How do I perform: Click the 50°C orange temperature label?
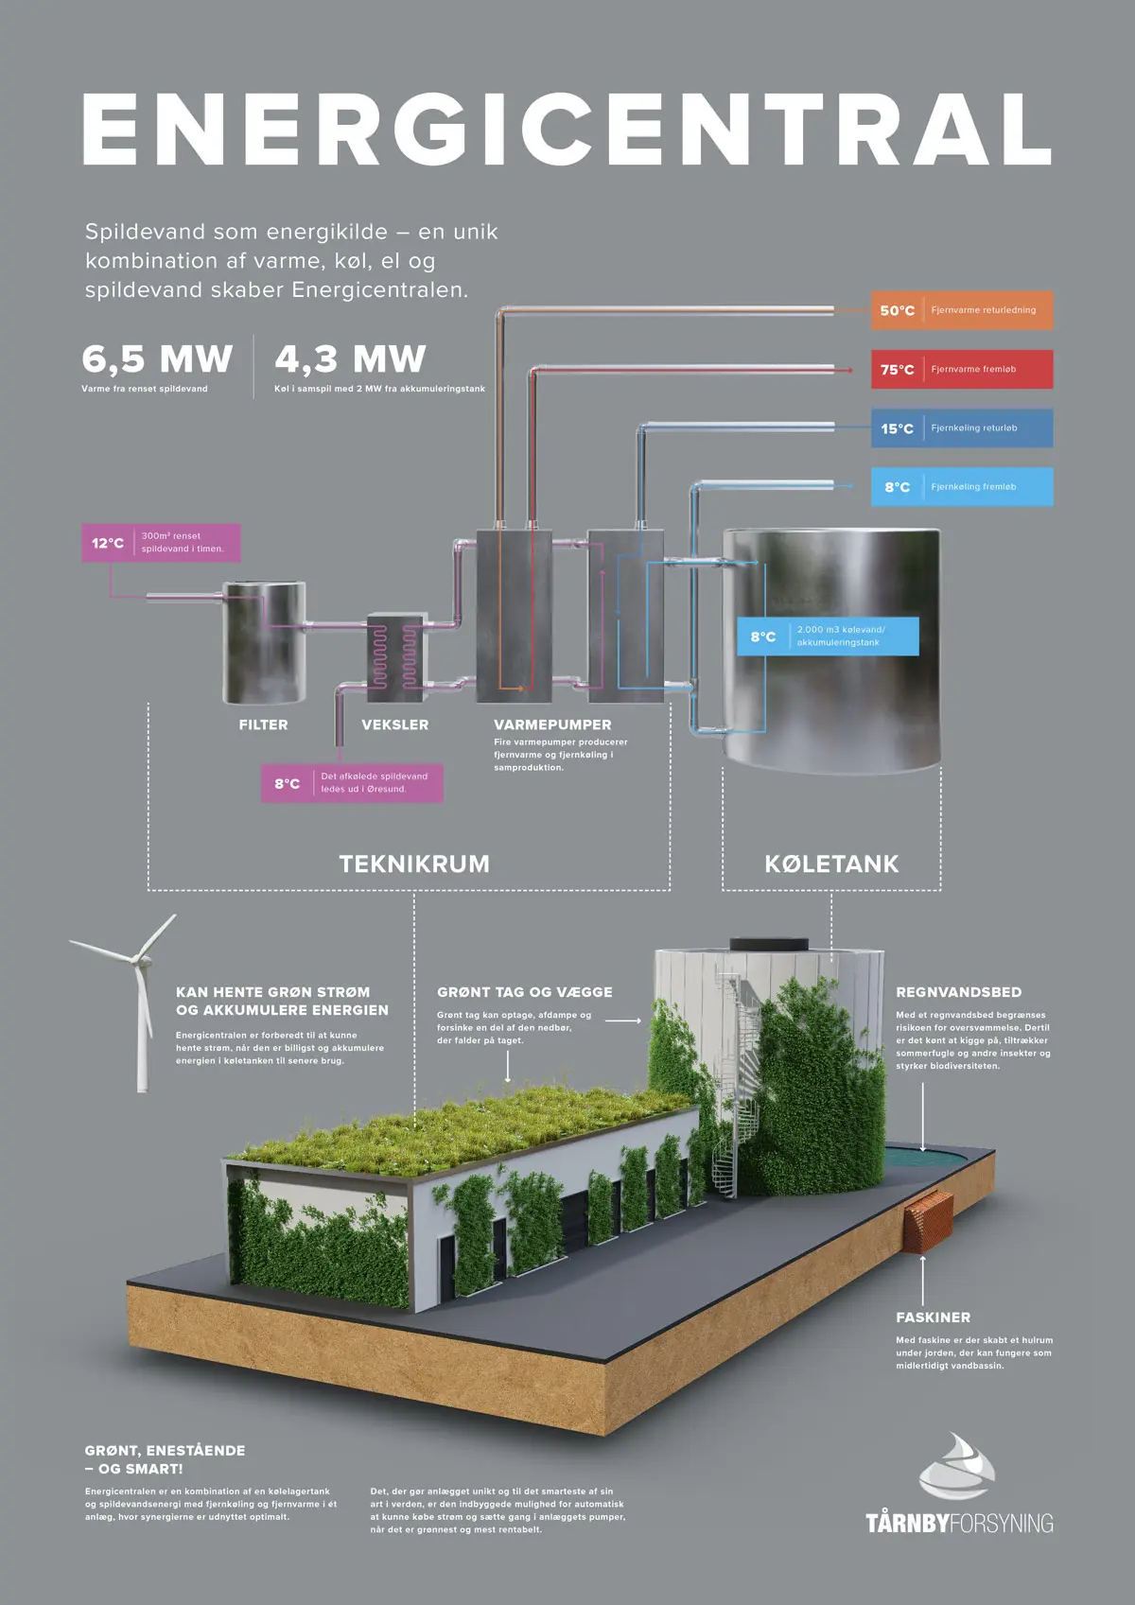click(x=962, y=310)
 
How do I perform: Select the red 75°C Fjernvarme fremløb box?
click(x=962, y=369)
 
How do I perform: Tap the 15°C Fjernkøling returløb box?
click(x=962, y=427)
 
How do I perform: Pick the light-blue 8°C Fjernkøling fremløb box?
click(x=962, y=486)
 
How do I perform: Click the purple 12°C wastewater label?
click(x=161, y=542)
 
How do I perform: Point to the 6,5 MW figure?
click(x=157, y=358)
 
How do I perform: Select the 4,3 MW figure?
click(x=350, y=358)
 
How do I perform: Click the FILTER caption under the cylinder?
click(x=263, y=724)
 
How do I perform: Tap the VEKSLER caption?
click(x=394, y=724)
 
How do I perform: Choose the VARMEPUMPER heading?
click(x=552, y=724)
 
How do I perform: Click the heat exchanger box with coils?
click(x=394, y=657)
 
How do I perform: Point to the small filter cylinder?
click(x=265, y=643)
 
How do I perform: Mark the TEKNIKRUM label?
click(x=414, y=864)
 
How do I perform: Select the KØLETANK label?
click(x=831, y=864)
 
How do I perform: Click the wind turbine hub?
click(x=141, y=958)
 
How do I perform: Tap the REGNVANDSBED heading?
click(x=959, y=992)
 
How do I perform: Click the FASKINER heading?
click(x=933, y=1317)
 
